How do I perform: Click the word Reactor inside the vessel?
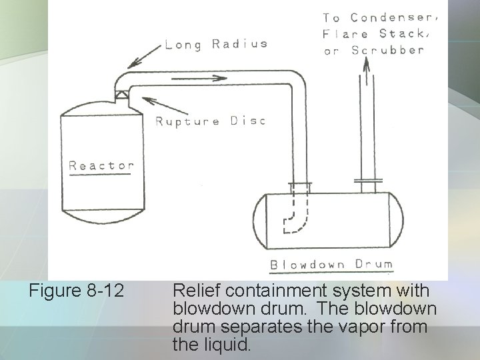pyautogui.click(x=102, y=165)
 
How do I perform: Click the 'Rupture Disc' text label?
pyautogui.click(x=210, y=121)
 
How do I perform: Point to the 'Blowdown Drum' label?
pyautogui.click(x=331, y=265)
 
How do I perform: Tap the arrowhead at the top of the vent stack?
pyautogui.click(x=366, y=63)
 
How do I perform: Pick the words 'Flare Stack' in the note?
pyautogui.click(x=373, y=34)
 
